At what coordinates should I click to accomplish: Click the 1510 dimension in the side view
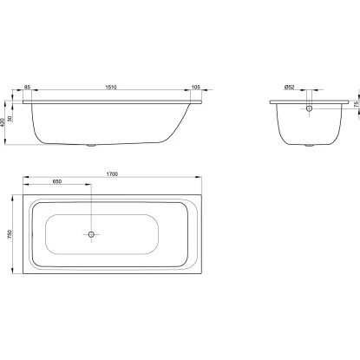tap(111, 88)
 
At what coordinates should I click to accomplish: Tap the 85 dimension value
tap(28, 88)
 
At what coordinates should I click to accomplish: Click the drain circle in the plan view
tap(91, 233)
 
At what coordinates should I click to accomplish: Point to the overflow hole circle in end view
tap(308, 109)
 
